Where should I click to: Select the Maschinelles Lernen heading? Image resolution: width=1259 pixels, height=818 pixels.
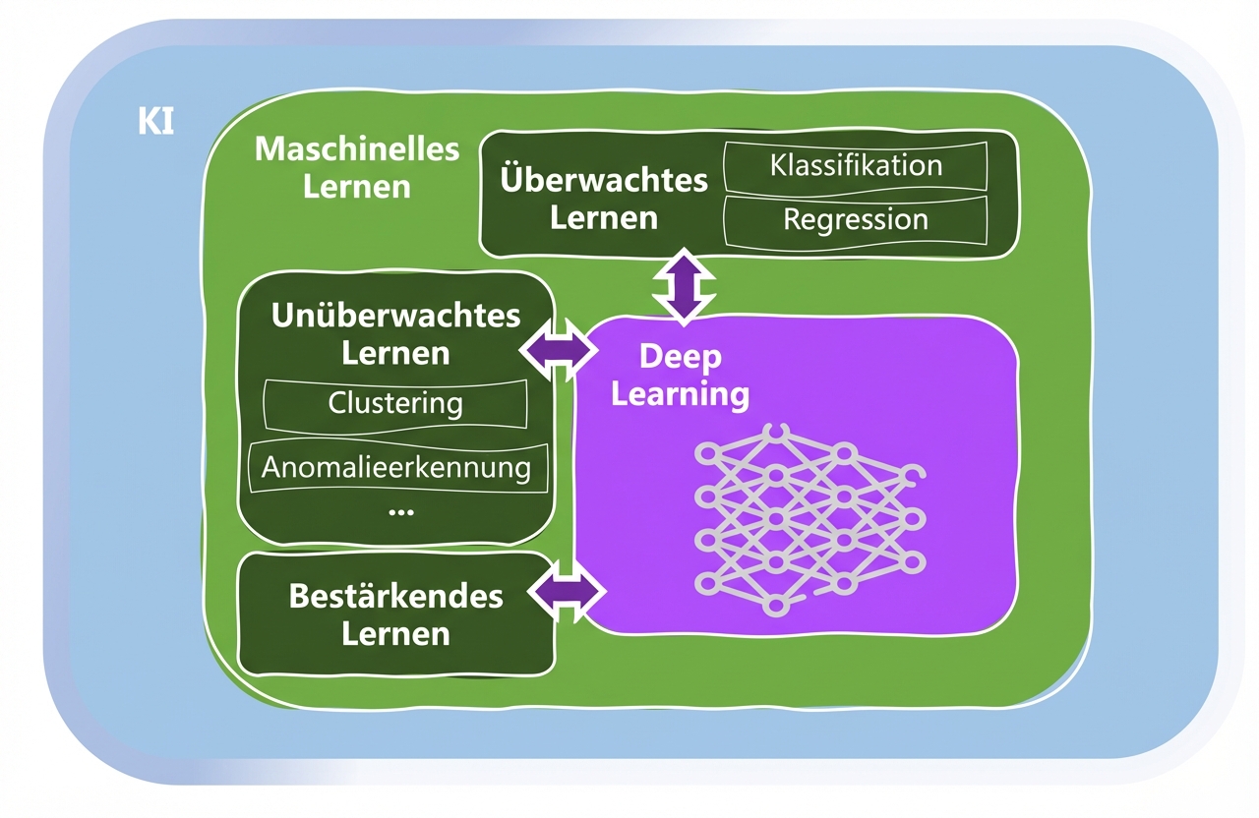(x=357, y=167)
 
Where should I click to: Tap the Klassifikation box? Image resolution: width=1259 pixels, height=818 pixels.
(x=856, y=165)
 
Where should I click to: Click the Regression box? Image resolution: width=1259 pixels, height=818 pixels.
(x=856, y=219)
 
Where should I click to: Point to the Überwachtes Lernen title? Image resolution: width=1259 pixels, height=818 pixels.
(x=604, y=198)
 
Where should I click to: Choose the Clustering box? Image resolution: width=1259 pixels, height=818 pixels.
(x=395, y=403)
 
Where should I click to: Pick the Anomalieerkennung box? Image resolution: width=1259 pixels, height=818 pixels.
(x=395, y=467)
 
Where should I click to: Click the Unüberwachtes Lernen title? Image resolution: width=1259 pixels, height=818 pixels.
(x=395, y=333)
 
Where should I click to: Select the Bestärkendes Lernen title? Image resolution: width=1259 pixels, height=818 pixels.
(x=395, y=614)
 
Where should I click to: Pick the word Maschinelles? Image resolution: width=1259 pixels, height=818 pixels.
(x=357, y=149)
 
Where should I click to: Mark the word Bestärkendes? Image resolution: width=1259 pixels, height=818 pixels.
(x=395, y=596)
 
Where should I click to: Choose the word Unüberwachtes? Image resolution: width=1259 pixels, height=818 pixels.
(x=395, y=316)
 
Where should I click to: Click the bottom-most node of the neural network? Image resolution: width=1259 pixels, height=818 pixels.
(x=774, y=606)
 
